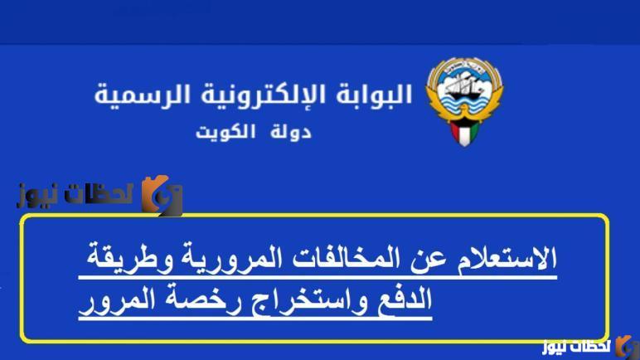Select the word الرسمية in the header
click(143, 95)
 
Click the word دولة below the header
click(290, 132)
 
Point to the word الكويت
click(225, 132)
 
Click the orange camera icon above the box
click(162, 196)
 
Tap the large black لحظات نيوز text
click(75, 194)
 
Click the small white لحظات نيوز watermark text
click(576, 346)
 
